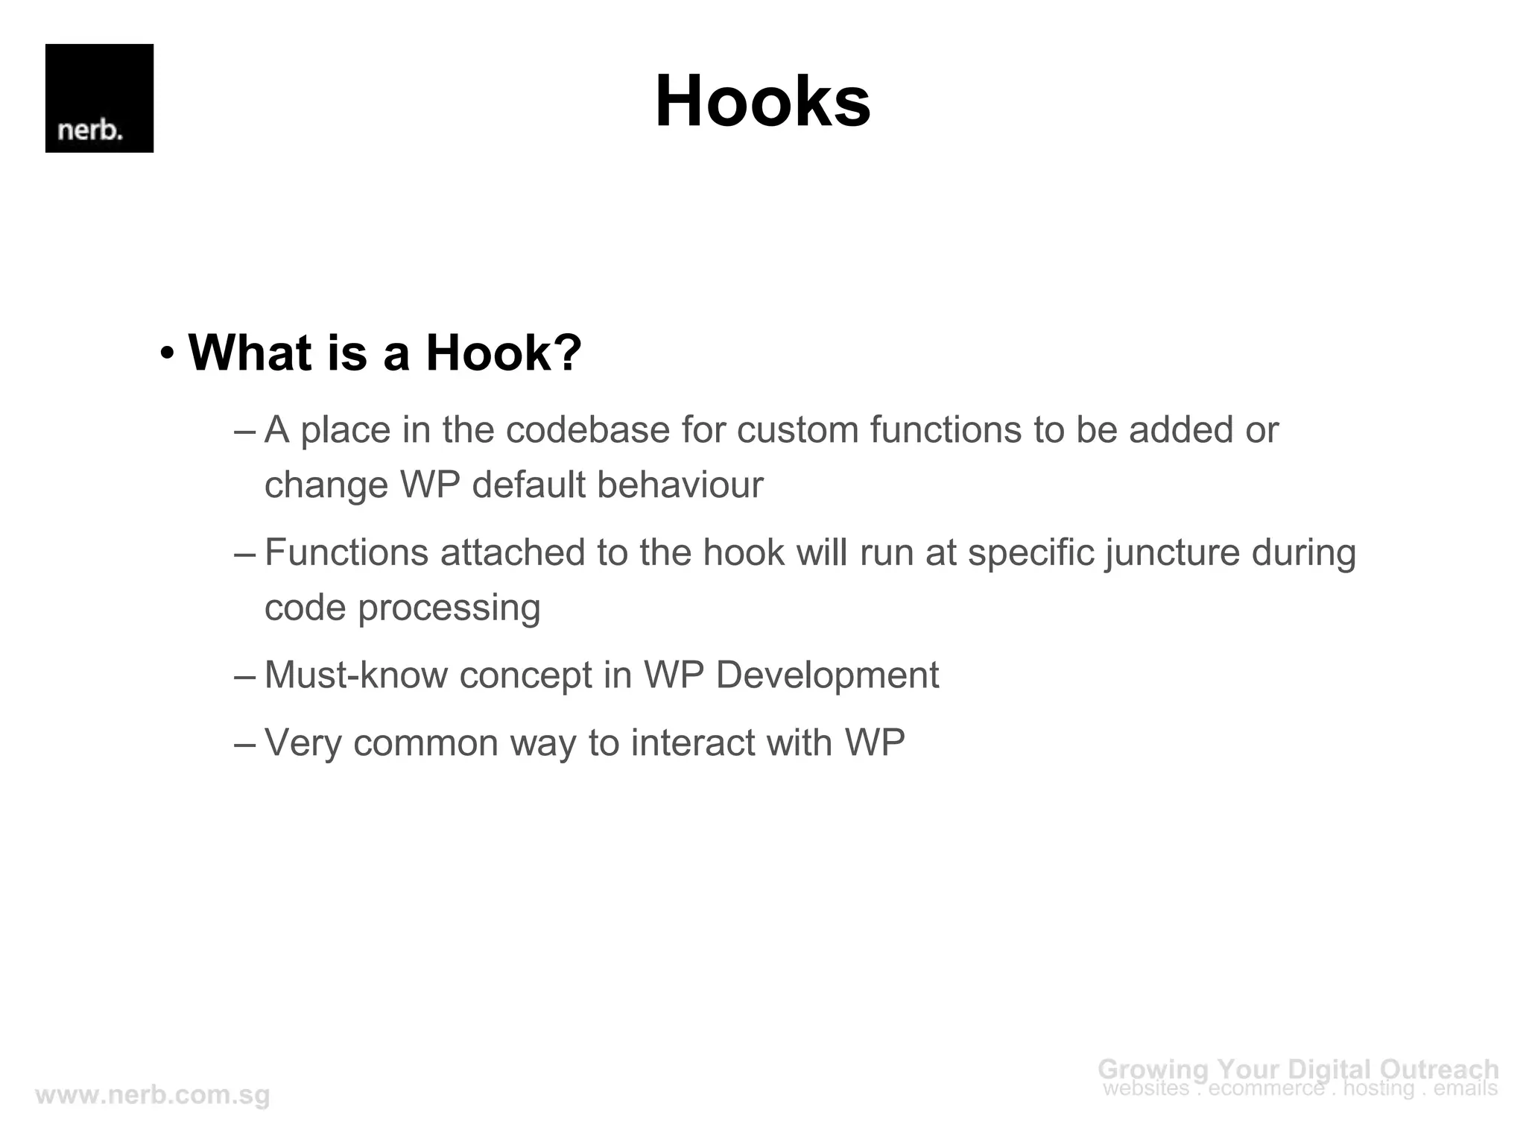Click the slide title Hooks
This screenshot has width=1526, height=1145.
point(762,101)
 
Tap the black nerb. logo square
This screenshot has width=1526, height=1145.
point(99,98)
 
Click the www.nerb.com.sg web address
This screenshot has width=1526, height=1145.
point(153,1096)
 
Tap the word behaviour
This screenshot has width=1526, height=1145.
point(680,485)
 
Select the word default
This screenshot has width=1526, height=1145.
point(529,485)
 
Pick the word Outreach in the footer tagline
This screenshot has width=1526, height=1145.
point(1440,1070)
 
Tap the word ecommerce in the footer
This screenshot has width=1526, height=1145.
point(1266,1089)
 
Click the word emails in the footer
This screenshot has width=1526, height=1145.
point(1466,1089)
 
